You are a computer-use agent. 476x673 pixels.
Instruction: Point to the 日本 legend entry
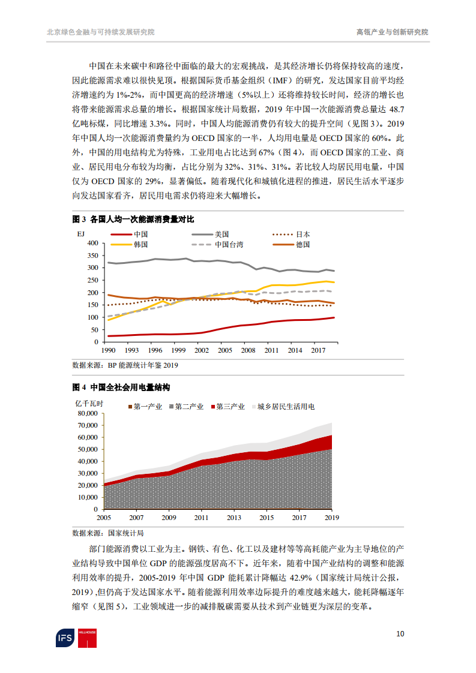tap(303, 235)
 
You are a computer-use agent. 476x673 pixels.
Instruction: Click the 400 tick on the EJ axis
tap(92, 244)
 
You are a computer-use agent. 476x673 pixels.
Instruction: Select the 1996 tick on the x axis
tap(155, 350)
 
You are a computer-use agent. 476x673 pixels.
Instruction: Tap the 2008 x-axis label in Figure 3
tap(247, 350)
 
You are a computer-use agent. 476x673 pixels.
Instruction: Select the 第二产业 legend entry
tap(189, 407)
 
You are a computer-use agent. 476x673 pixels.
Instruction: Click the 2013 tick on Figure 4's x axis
tap(234, 518)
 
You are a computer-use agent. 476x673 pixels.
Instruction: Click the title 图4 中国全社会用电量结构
tap(121, 387)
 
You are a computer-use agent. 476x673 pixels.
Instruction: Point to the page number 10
tap(400, 633)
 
